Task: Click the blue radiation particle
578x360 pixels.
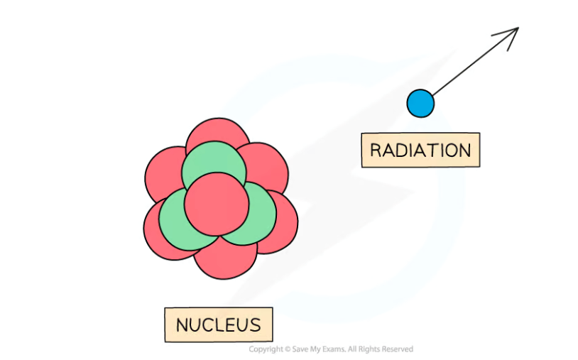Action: click(420, 103)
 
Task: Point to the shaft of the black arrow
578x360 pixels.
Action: click(476, 62)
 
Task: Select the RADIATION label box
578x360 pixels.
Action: click(420, 150)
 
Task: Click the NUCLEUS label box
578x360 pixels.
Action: click(219, 324)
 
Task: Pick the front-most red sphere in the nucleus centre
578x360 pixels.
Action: click(217, 204)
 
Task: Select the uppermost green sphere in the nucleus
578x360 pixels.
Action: click(214, 162)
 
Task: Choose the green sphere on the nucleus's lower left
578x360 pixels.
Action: click(177, 221)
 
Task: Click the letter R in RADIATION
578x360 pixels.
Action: click(375, 151)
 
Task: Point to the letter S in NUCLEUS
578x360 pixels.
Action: click(255, 325)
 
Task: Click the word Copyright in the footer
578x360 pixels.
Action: click(266, 349)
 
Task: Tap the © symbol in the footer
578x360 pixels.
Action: click(288, 349)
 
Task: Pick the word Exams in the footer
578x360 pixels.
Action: click(334, 349)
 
